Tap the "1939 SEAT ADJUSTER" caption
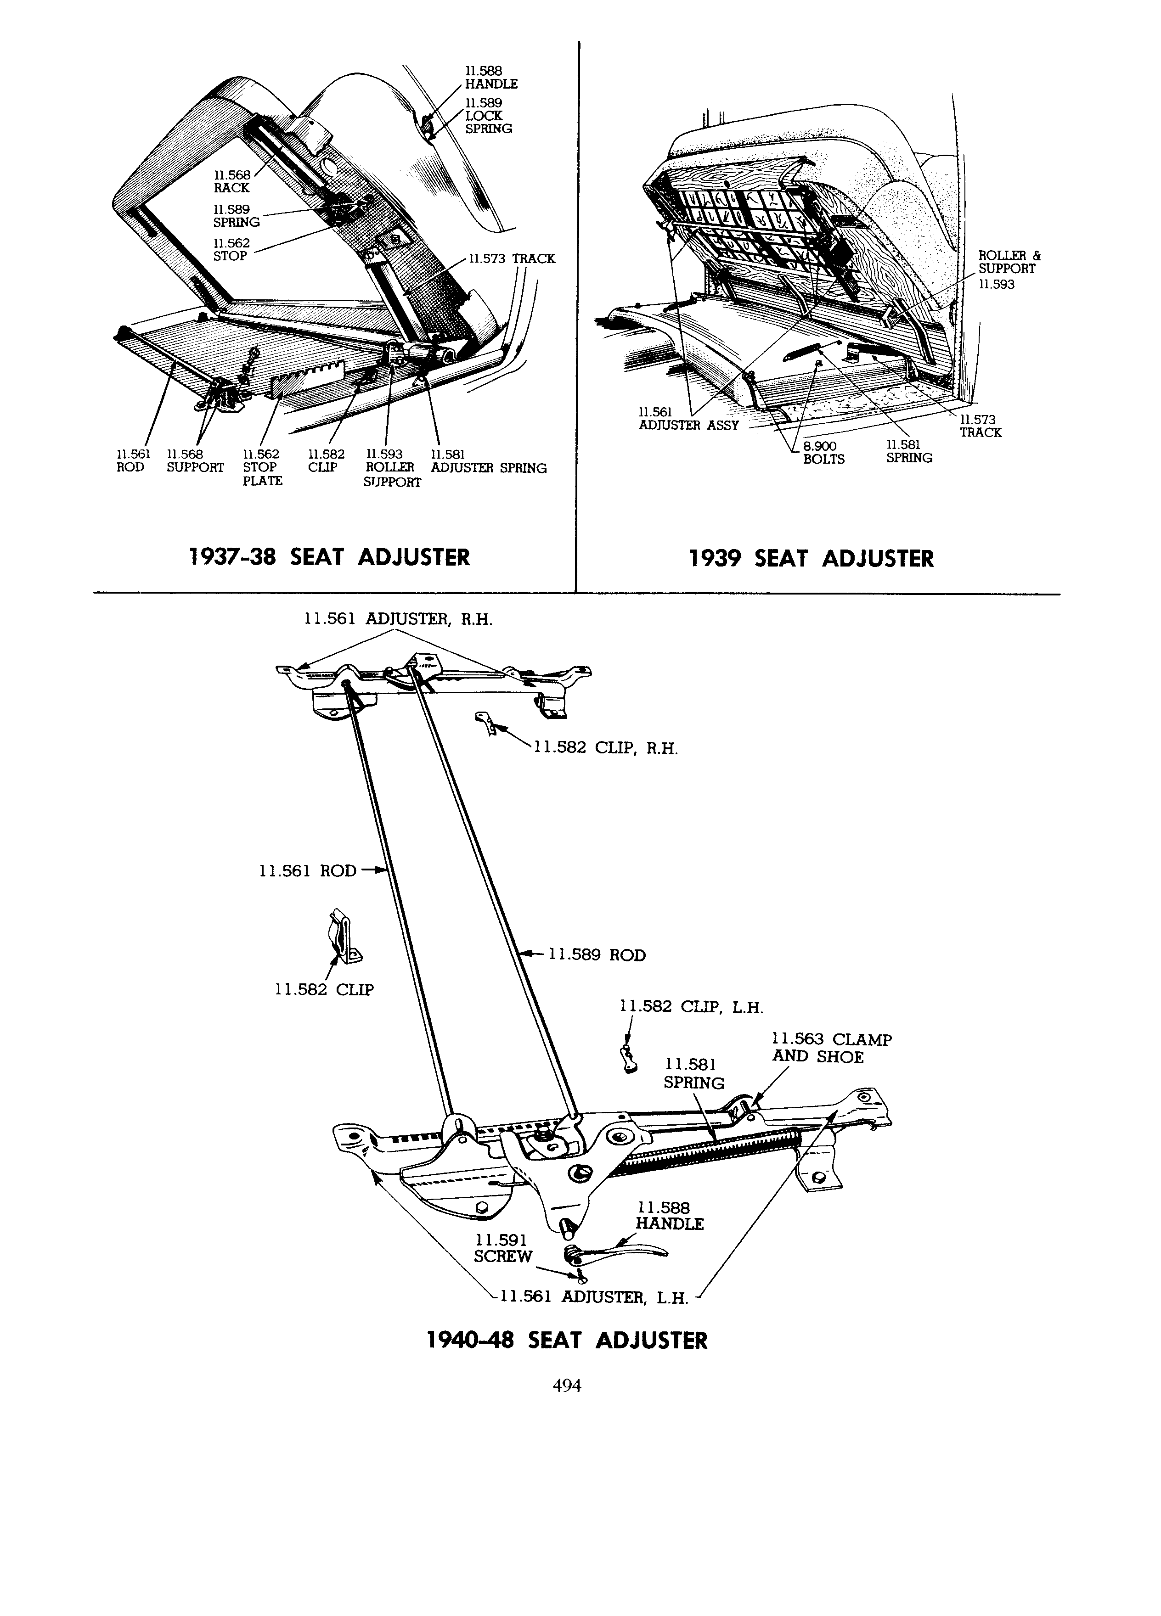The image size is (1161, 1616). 811,559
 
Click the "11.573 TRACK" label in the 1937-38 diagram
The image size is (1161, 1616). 512,258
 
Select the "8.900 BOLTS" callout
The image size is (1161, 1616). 823,453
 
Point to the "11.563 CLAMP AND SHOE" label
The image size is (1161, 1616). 832,1048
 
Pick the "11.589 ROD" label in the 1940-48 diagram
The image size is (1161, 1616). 597,955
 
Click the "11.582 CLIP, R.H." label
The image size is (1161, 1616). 606,748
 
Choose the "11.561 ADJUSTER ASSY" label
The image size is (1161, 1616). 688,418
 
